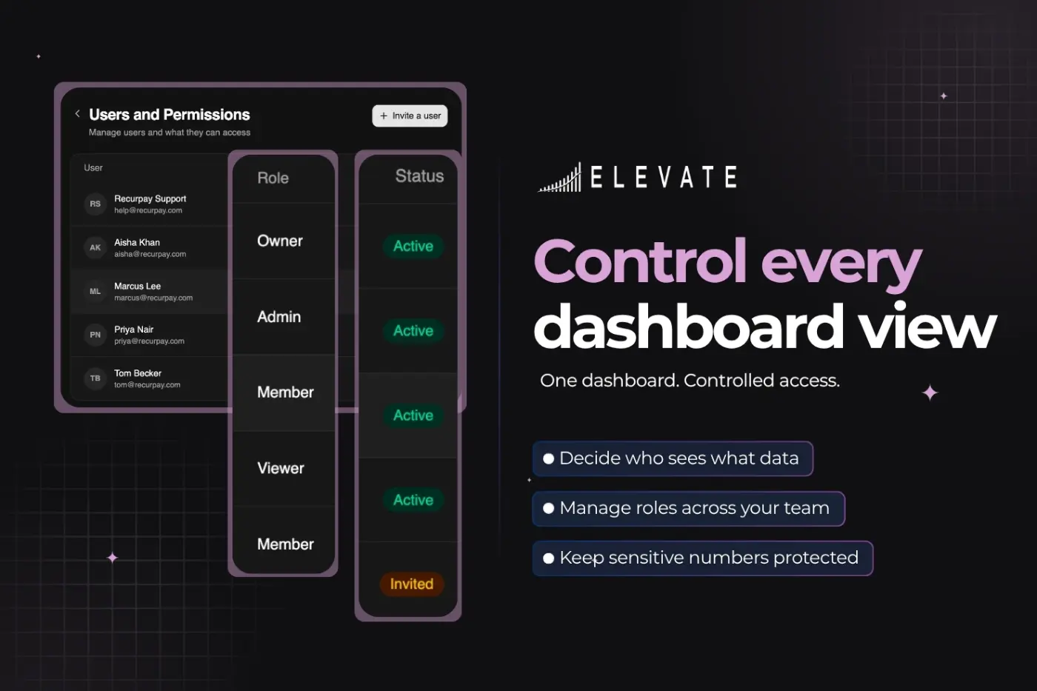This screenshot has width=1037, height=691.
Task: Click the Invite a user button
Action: (410, 116)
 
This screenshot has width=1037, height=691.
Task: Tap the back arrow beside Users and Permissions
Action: (77, 113)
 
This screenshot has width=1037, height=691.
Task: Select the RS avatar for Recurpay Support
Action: (95, 204)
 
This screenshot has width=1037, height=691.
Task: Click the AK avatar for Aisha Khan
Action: (95, 247)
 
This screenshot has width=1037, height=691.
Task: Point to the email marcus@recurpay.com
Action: (153, 298)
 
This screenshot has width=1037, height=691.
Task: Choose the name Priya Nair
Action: (134, 329)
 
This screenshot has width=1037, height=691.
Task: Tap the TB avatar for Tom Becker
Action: (95, 378)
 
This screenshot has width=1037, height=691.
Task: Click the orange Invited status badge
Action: (412, 584)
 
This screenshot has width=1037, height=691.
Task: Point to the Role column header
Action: (273, 178)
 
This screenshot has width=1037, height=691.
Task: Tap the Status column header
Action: (419, 176)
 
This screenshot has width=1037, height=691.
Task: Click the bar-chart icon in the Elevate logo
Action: (559, 177)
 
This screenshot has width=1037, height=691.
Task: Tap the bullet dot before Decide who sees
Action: (549, 458)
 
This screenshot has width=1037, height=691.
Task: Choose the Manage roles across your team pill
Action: (688, 508)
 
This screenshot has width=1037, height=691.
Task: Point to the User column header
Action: (93, 167)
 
